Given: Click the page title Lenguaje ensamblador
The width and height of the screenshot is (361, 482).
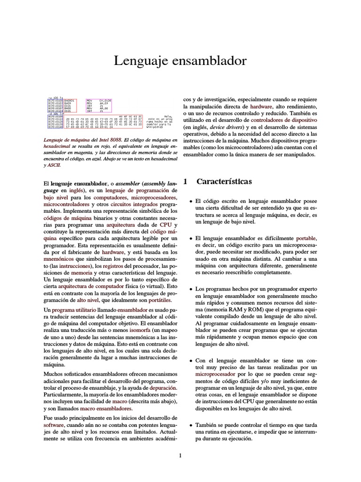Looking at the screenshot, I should point(180,61).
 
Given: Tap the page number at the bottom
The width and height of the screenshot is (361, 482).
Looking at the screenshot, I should point(180,455).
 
